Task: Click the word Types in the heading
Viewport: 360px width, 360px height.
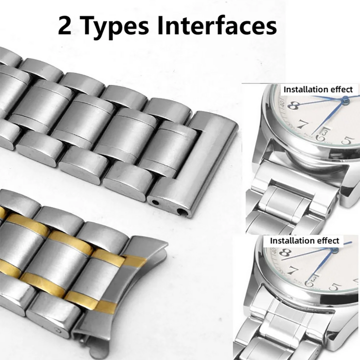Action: click(115, 25)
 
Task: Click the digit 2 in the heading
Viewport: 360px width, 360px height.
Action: click(65, 25)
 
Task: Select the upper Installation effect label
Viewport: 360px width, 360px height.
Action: click(318, 89)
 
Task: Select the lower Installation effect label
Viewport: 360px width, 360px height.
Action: click(304, 240)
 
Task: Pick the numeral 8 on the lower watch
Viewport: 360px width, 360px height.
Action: click(285, 253)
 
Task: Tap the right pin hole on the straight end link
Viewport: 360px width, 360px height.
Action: click(185, 212)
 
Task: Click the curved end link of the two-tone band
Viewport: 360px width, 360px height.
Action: click(145, 280)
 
